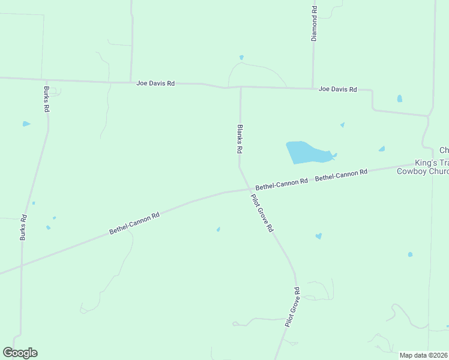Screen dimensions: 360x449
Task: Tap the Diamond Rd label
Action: click(x=314, y=23)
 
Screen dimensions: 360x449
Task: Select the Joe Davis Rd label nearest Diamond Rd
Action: click(x=337, y=89)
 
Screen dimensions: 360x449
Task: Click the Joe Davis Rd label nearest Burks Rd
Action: click(x=155, y=83)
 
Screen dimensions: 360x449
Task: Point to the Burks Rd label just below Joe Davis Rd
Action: click(x=46, y=100)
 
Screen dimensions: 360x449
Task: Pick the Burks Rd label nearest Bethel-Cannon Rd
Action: click(x=23, y=228)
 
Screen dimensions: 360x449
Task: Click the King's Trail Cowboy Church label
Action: click(x=423, y=167)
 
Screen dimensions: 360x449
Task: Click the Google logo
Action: click(x=20, y=353)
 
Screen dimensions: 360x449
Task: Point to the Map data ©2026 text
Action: click(x=423, y=355)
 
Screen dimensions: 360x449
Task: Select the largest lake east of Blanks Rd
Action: click(x=307, y=152)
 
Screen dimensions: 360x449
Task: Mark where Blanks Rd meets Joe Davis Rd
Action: click(x=241, y=88)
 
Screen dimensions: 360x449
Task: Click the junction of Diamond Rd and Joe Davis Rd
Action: click(x=312, y=88)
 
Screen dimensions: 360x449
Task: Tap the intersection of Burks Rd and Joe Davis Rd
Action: click(x=46, y=80)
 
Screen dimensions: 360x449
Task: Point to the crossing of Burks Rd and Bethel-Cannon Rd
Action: click(x=22, y=265)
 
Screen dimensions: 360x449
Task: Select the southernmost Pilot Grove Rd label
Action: click(x=292, y=307)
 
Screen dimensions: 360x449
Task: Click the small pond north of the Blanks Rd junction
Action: click(x=241, y=58)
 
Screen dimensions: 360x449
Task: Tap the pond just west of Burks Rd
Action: click(x=26, y=124)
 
